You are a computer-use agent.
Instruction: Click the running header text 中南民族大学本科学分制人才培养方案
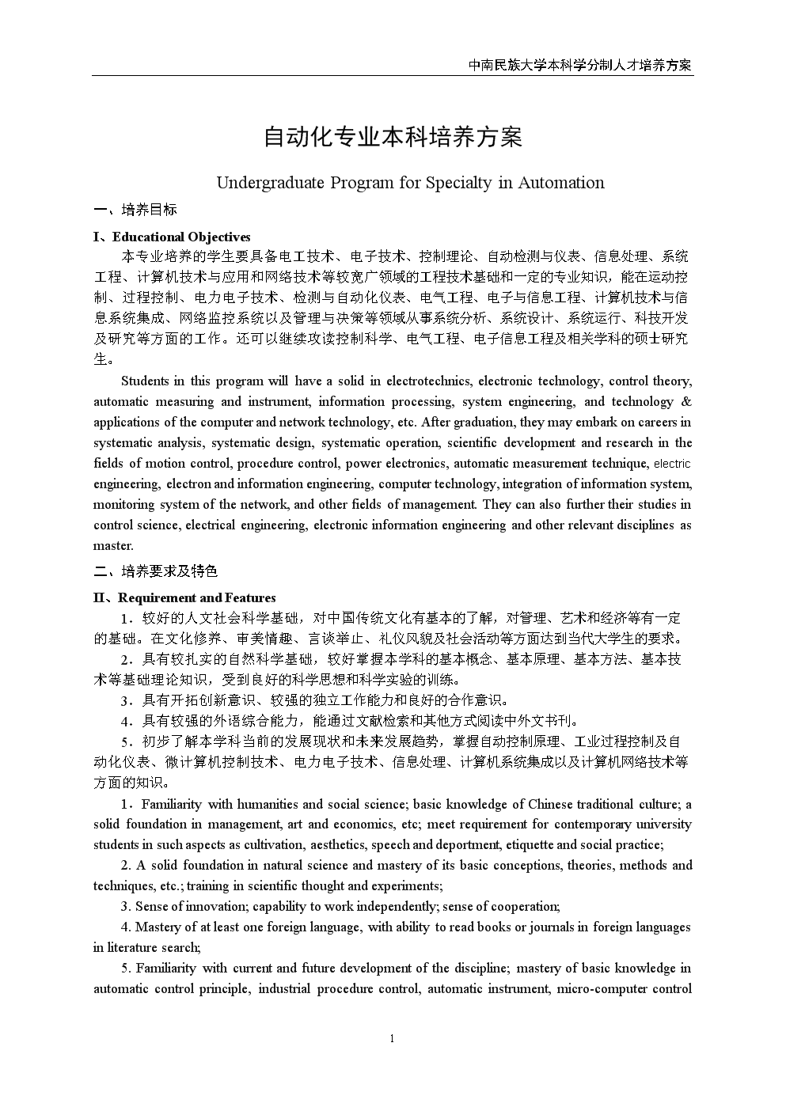click(x=579, y=65)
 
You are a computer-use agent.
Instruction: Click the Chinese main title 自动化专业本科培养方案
click(x=393, y=137)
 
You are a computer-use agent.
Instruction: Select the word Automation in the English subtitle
click(x=561, y=183)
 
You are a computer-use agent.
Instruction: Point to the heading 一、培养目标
click(x=135, y=210)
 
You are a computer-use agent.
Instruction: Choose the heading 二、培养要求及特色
click(x=155, y=571)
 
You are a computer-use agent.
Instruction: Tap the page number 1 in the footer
click(x=392, y=1039)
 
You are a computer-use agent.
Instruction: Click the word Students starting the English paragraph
click(x=146, y=381)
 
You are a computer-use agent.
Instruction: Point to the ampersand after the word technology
click(x=685, y=401)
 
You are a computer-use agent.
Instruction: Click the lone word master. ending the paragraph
click(x=113, y=545)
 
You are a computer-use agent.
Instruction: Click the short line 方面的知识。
click(x=131, y=783)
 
